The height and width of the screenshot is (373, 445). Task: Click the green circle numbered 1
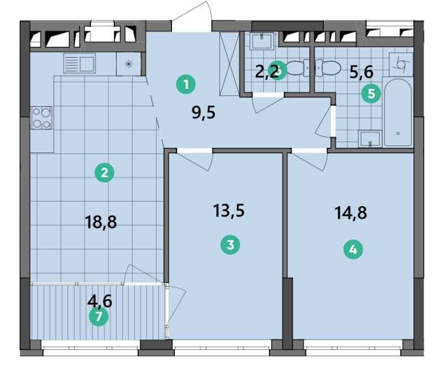(186, 85)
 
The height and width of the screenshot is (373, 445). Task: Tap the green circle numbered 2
(104, 172)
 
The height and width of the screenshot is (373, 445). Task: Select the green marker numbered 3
(230, 245)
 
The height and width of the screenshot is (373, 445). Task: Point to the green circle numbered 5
(371, 94)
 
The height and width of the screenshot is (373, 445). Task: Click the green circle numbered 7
(99, 316)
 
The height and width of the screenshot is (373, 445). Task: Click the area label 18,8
(101, 222)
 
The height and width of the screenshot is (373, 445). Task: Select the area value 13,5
(229, 210)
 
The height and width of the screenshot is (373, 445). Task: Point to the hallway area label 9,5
(203, 112)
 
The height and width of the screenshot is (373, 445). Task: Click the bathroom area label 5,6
(361, 71)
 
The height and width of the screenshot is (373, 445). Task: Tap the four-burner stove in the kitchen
(42, 118)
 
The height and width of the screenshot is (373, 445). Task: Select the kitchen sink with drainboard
(80, 63)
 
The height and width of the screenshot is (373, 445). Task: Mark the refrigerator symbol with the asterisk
(128, 64)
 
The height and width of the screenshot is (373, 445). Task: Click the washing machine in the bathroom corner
(401, 64)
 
